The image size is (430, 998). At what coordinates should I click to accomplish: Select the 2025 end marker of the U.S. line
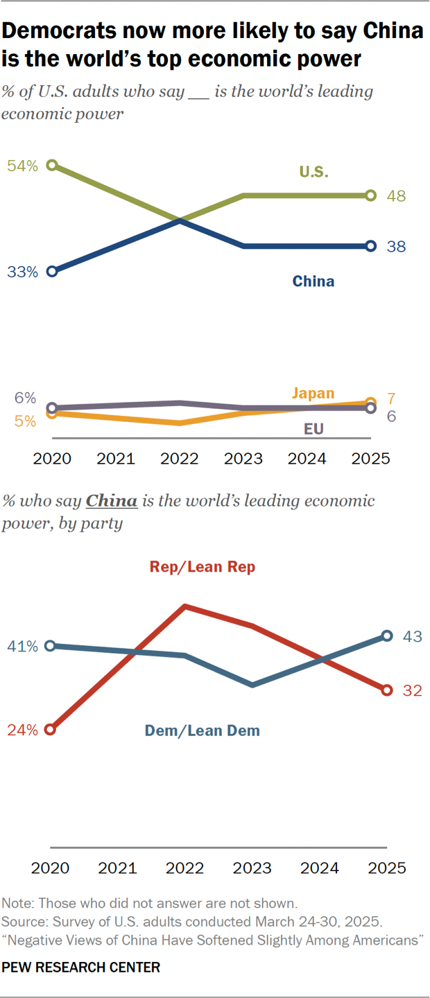[371, 196]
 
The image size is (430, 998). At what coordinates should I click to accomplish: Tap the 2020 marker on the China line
[51, 271]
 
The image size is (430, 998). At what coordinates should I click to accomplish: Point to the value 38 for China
[396, 247]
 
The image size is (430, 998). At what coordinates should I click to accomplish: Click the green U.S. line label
[313, 172]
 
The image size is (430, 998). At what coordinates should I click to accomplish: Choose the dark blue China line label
[313, 281]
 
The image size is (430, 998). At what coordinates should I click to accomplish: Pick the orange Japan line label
[313, 394]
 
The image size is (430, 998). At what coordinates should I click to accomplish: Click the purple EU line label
[313, 430]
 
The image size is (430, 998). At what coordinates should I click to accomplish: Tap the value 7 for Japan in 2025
[390, 399]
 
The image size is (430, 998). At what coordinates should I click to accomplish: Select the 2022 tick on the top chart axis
[179, 459]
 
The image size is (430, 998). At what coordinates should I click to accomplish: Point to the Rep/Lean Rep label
[203, 567]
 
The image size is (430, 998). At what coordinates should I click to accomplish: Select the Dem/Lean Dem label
[202, 730]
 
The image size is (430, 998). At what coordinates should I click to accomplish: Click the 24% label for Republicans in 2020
[22, 730]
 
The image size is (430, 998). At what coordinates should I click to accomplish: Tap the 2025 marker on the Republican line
[387, 690]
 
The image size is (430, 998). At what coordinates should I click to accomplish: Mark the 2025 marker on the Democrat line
[387, 636]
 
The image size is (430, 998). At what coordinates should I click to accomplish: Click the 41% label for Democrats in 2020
[22, 647]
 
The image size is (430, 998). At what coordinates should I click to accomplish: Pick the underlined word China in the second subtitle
[111, 501]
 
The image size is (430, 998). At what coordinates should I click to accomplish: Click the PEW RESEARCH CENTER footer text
[81, 968]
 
